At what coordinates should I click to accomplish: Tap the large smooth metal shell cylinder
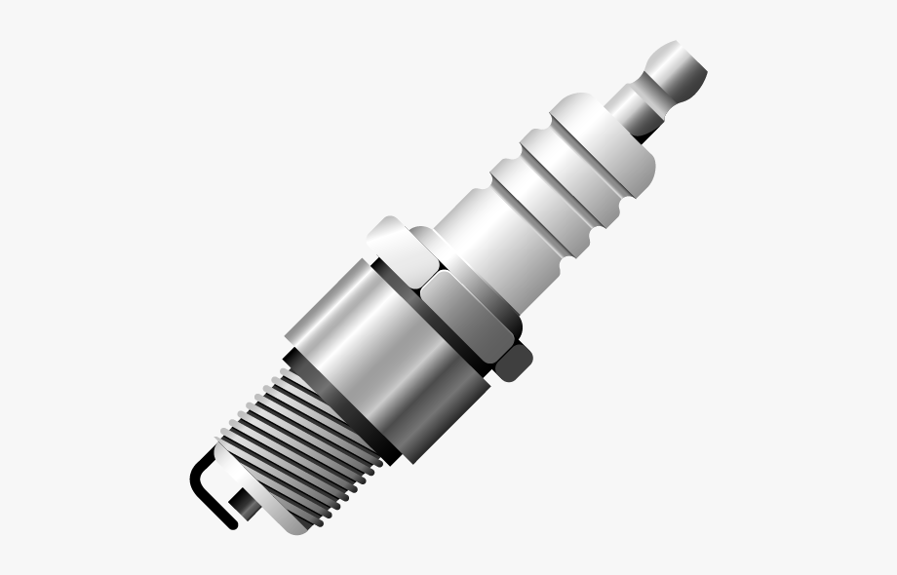point(390,361)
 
